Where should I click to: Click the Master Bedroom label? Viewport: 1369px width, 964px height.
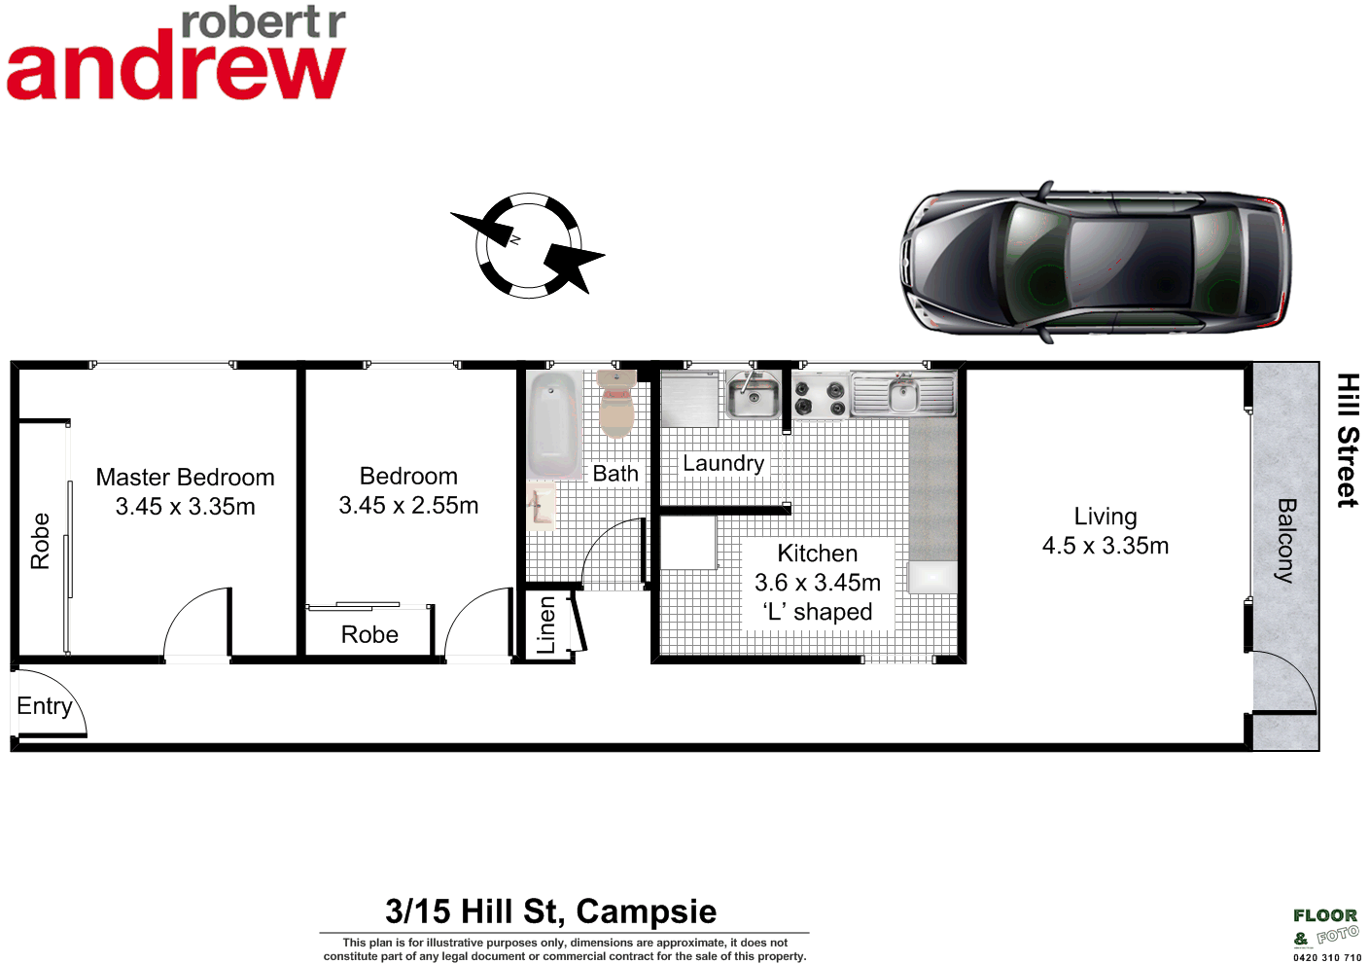tap(185, 477)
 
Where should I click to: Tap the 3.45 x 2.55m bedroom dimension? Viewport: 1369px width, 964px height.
tap(408, 506)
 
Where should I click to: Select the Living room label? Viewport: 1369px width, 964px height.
tap(1105, 517)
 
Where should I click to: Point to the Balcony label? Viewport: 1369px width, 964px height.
tap(1285, 540)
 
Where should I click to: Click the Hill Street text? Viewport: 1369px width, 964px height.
tap(1347, 440)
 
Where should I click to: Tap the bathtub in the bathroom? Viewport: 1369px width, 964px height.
tap(553, 425)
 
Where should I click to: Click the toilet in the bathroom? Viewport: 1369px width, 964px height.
tap(615, 404)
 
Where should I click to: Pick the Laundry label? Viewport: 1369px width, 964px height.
tap(722, 463)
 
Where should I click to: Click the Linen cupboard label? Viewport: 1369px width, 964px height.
tap(546, 625)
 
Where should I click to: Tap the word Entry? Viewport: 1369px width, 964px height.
tap(45, 706)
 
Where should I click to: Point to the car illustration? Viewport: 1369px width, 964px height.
tap(1096, 261)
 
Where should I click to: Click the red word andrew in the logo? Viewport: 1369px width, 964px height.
tap(175, 70)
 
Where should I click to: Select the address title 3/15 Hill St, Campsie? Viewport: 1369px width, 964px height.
tap(550, 911)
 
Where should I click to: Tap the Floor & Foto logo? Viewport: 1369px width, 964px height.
tap(1325, 927)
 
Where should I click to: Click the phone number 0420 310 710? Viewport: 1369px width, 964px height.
tap(1327, 957)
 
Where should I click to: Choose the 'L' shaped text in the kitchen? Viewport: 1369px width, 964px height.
tap(818, 612)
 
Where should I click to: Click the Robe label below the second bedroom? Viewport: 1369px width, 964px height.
tap(369, 634)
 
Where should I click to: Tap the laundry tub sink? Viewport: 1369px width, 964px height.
tap(753, 394)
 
